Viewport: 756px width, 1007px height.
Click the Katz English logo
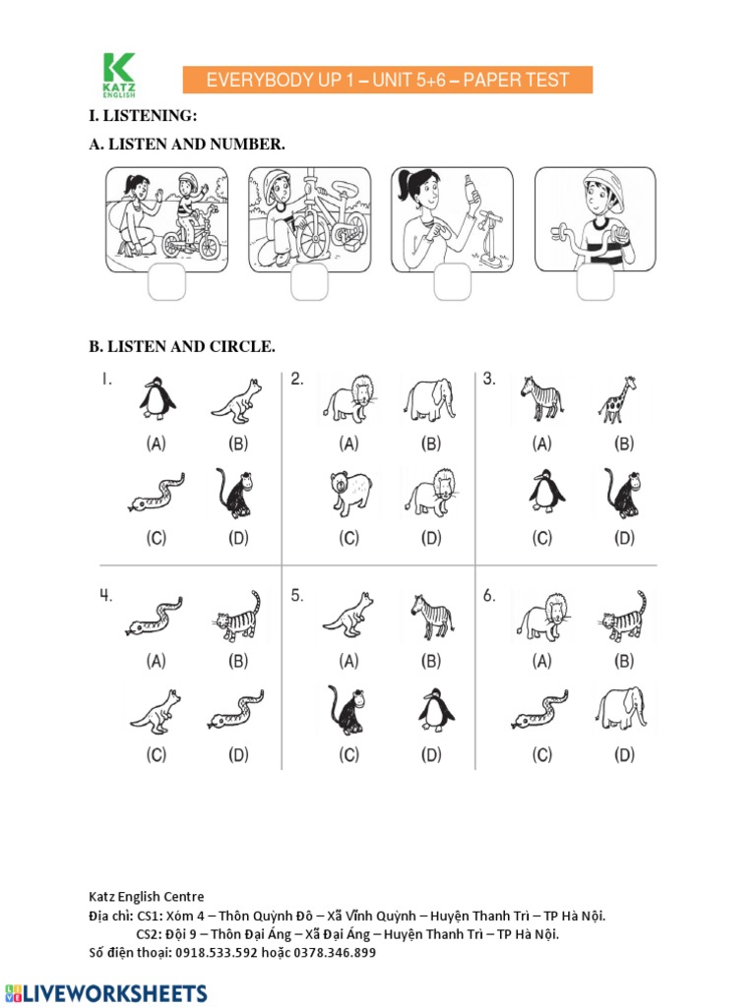point(119,77)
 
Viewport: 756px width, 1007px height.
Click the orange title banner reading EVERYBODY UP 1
point(387,80)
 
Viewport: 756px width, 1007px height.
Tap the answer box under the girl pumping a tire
point(454,282)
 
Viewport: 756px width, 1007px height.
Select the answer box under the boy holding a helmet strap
point(596,282)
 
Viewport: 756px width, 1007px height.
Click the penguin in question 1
point(156,399)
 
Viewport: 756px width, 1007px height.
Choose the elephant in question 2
point(429,399)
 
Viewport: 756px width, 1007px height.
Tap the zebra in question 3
point(541,398)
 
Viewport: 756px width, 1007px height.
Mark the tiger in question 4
point(237,618)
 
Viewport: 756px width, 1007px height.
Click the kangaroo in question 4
point(156,712)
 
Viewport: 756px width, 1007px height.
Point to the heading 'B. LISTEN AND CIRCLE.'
point(182,347)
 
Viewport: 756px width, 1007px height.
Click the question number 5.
point(296,596)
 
